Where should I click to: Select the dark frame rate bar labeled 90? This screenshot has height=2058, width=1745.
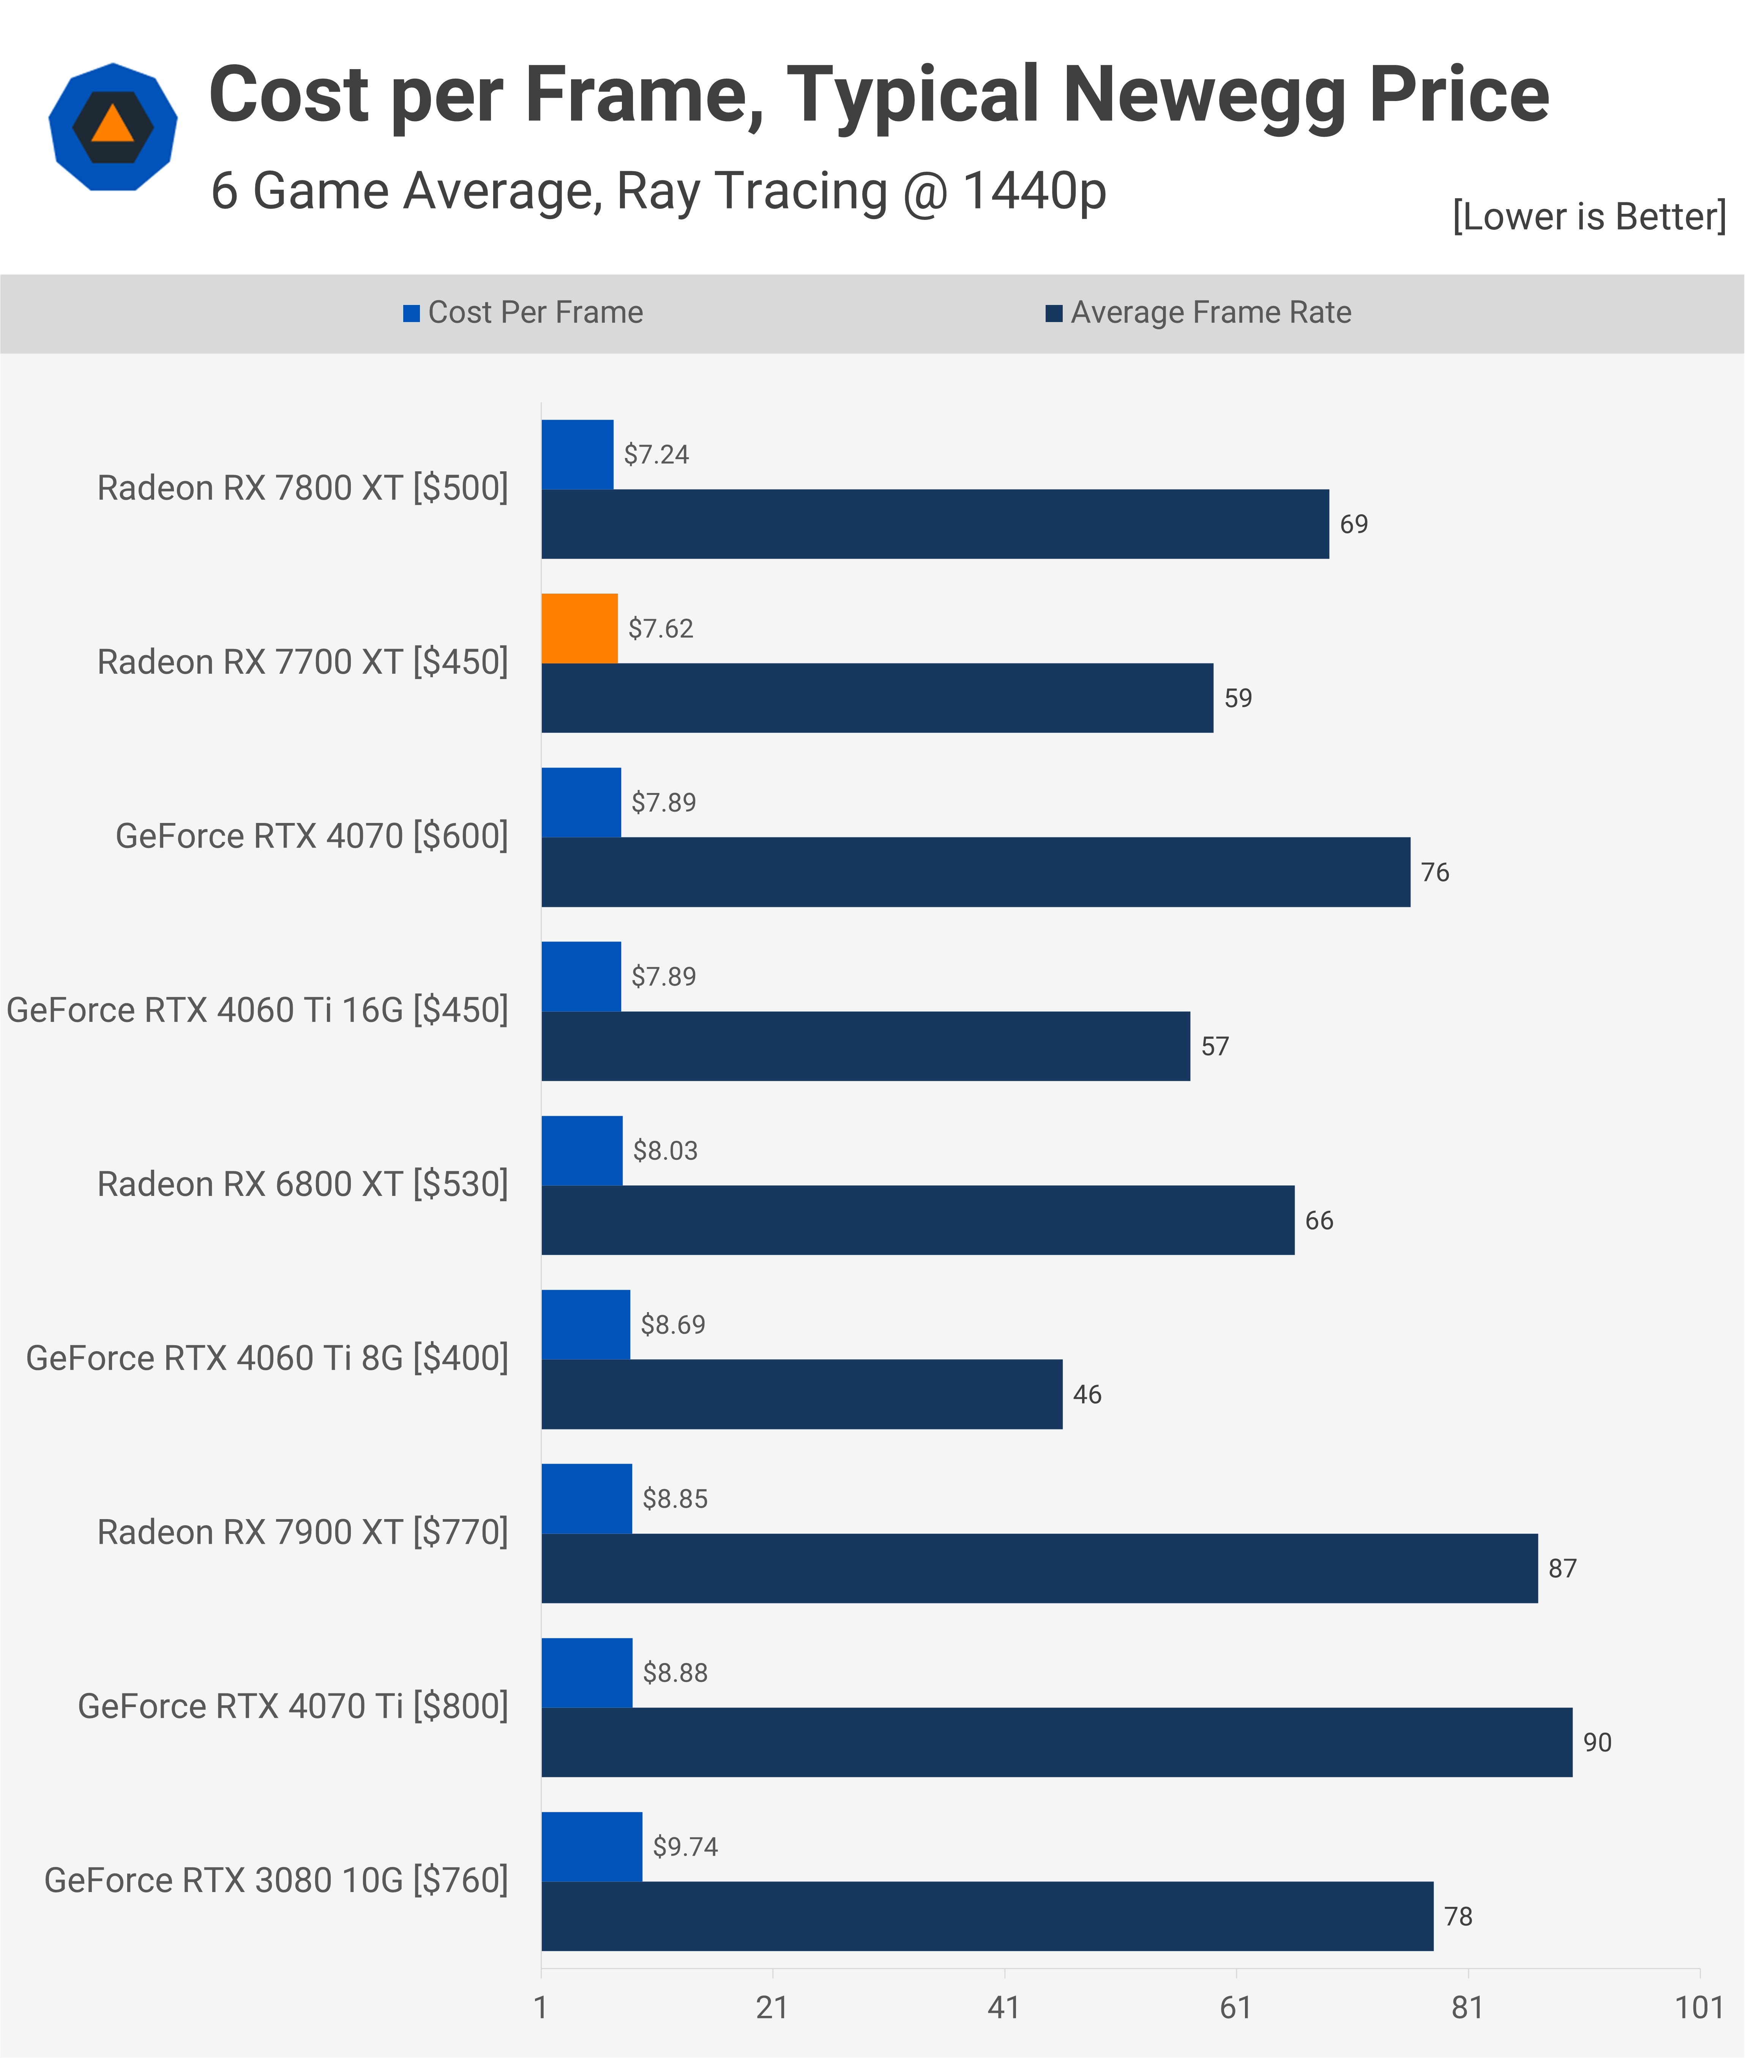pyautogui.click(x=1057, y=1742)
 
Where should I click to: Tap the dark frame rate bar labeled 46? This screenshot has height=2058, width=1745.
pyautogui.click(x=801, y=1394)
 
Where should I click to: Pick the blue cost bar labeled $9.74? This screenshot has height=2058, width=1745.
pyautogui.click(x=592, y=1846)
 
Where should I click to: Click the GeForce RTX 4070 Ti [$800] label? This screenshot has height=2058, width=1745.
pyautogui.click(x=293, y=1707)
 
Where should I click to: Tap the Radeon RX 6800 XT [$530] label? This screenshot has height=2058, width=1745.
pyautogui.click(x=303, y=1185)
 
